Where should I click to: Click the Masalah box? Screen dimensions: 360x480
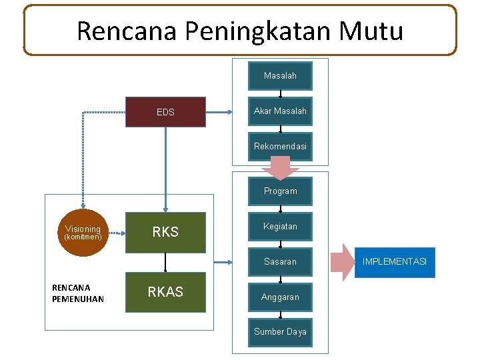coord(280,76)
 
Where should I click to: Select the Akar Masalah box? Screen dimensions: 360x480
coord(280,111)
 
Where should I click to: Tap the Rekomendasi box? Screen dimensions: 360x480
coord(280,146)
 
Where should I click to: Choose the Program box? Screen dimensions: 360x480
coord(280,191)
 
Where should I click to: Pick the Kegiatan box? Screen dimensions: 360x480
coord(280,227)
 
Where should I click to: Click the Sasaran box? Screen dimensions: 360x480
coord(280,262)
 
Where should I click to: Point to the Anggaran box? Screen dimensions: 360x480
coord(280,297)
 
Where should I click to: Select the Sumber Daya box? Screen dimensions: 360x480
coord(280,332)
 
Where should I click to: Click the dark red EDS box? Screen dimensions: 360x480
coord(166,112)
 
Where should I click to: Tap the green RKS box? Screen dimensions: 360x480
coord(166,232)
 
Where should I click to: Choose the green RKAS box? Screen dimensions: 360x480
coord(166,292)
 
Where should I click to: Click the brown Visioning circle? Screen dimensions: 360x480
coord(83,232)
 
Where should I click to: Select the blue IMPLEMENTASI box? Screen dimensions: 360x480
coord(395,262)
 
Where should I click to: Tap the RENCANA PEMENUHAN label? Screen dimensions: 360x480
coord(78,293)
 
